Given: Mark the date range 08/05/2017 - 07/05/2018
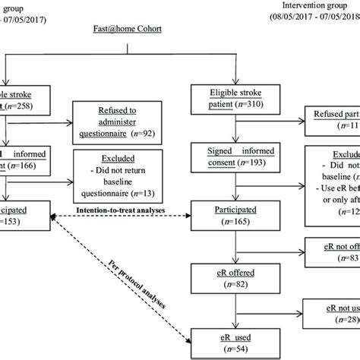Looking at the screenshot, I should pos(312,16).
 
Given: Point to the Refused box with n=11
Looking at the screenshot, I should pos(331,122).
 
